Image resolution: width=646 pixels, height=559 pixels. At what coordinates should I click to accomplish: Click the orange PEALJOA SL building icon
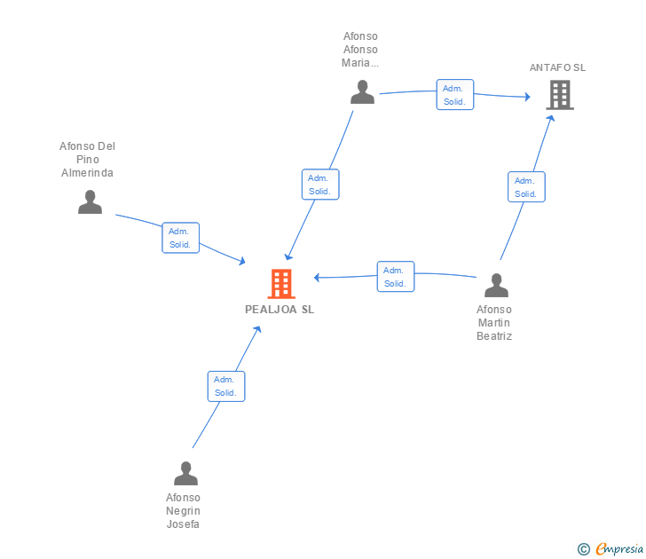(281, 283)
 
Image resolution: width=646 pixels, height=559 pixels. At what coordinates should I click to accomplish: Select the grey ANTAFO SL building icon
(560, 95)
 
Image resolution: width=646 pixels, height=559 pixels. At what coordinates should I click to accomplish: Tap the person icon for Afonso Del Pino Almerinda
(90, 201)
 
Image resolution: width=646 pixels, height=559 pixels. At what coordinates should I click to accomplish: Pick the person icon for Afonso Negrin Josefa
(185, 473)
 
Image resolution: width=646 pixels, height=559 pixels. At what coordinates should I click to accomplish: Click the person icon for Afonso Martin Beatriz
(496, 285)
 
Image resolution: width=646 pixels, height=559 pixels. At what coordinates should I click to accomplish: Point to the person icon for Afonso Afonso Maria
(363, 92)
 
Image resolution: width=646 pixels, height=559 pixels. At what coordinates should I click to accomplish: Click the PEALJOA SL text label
(280, 310)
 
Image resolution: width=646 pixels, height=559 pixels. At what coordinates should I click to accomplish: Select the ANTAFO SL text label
(557, 67)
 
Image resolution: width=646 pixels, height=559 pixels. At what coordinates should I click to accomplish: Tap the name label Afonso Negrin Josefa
(183, 511)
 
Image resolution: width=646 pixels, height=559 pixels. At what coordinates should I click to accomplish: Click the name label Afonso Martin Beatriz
(494, 323)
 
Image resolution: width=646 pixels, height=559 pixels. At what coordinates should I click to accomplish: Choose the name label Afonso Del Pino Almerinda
(87, 160)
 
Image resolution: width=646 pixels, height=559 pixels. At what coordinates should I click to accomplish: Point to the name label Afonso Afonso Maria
(360, 50)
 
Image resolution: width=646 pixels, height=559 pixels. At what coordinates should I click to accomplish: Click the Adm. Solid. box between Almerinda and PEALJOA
(180, 238)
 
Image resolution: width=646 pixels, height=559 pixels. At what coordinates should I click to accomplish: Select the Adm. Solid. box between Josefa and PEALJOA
(226, 386)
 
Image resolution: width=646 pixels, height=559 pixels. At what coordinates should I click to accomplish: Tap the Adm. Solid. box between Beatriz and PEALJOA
(396, 277)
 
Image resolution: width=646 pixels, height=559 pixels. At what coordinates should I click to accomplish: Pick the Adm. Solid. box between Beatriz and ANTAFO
(526, 186)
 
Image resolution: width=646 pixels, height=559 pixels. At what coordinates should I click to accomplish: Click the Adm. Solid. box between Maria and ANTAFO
(455, 95)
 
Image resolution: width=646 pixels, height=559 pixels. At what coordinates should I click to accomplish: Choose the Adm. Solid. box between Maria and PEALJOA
(320, 185)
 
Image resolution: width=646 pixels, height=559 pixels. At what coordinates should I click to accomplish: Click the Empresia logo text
(619, 549)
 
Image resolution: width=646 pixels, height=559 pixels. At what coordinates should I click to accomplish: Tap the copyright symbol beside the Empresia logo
(584, 549)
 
